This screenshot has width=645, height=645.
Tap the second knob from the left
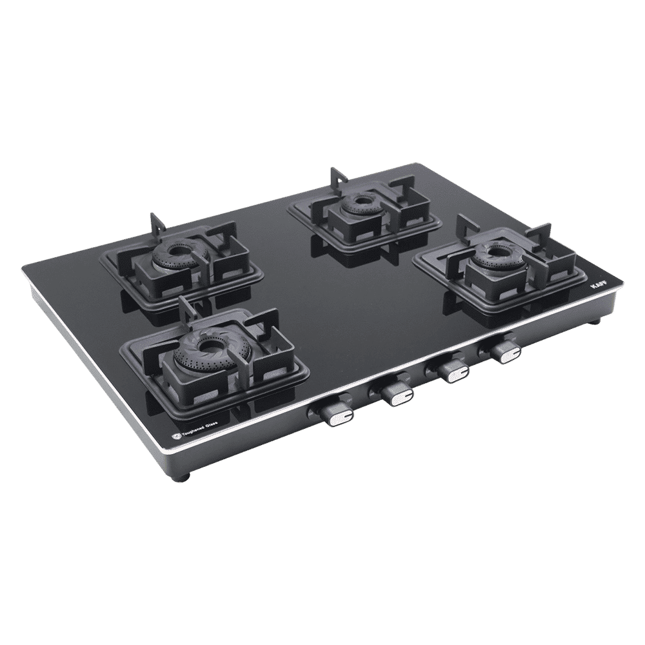394,392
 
